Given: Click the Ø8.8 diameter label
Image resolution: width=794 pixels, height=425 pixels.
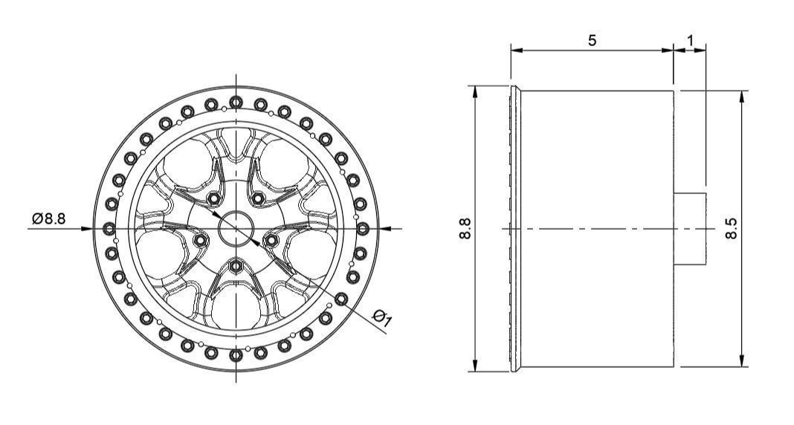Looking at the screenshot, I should click(48, 218).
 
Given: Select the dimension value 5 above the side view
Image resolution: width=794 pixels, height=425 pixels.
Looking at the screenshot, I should click(592, 41).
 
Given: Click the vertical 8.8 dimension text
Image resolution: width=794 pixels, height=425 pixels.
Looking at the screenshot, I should click(466, 228).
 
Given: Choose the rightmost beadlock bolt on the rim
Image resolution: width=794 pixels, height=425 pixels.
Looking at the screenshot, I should click(363, 228).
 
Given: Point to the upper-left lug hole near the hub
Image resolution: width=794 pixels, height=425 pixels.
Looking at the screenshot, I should click(214, 199).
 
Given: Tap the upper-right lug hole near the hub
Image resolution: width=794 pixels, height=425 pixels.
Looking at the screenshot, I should click(259, 199).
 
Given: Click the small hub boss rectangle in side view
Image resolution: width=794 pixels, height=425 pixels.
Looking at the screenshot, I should click(690, 228).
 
